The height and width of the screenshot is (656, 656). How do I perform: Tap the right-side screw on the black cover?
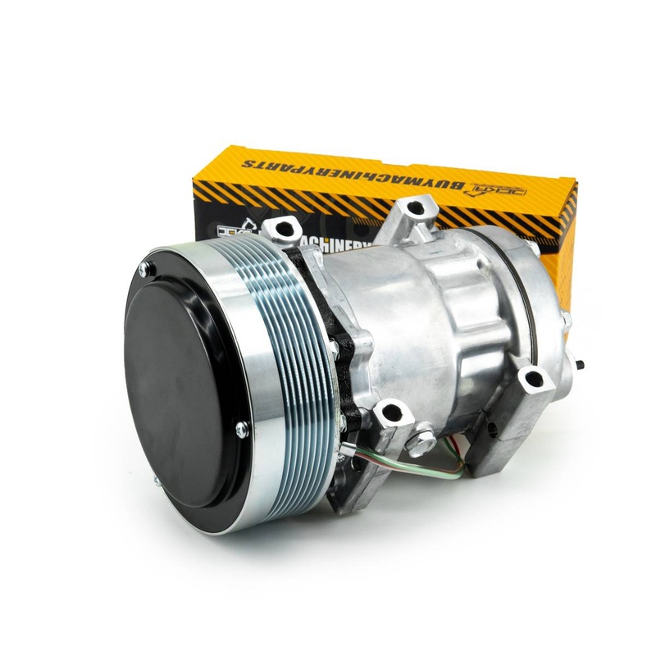(241, 427)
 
